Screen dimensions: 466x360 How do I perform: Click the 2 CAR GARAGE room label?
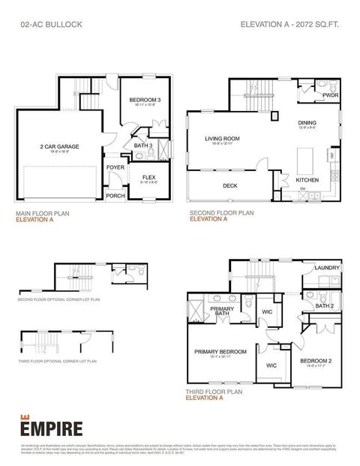pyautogui.click(x=59, y=147)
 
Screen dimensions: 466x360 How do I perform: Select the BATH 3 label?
pyautogui.click(x=142, y=146)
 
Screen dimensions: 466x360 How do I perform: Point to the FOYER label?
pyautogui.click(x=115, y=167)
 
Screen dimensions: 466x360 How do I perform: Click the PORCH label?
pyautogui.click(x=115, y=196)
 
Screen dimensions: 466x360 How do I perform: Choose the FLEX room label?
pyautogui.click(x=148, y=177)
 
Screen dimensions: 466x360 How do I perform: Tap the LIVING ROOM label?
pyautogui.click(x=222, y=138)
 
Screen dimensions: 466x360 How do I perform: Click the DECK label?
pyautogui.click(x=230, y=185)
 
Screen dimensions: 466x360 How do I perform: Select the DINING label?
pyautogui.click(x=307, y=123)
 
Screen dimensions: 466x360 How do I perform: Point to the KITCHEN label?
pyautogui.click(x=307, y=180)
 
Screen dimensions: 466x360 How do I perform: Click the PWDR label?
pyautogui.click(x=330, y=96)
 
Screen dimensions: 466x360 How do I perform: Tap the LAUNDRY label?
pyautogui.click(x=327, y=268)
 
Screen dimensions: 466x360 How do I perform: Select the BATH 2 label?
pyautogui.click(x=324, y=305)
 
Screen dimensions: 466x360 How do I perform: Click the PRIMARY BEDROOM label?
pyautogui.click(x=220, y=352)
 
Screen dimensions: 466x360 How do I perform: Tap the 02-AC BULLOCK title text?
pyautogui.click(x=51, y=25)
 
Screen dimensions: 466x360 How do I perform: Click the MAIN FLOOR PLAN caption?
pyautogui.click(x=43, y=213)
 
